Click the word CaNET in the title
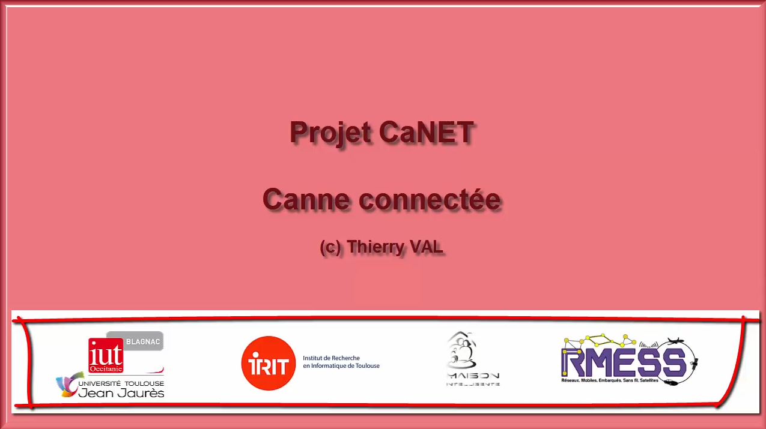[x=427, y=133]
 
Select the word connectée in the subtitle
[x=430, y=199]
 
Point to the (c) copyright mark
[x=330, y=247]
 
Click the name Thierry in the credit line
[x=375, y=247]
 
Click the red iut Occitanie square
[x=106, y=355]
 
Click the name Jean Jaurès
[x=121, y=393]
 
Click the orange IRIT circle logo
[x=269, y=364]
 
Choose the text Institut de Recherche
[x=331, y=358]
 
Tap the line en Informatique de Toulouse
[x=341, y=366]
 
